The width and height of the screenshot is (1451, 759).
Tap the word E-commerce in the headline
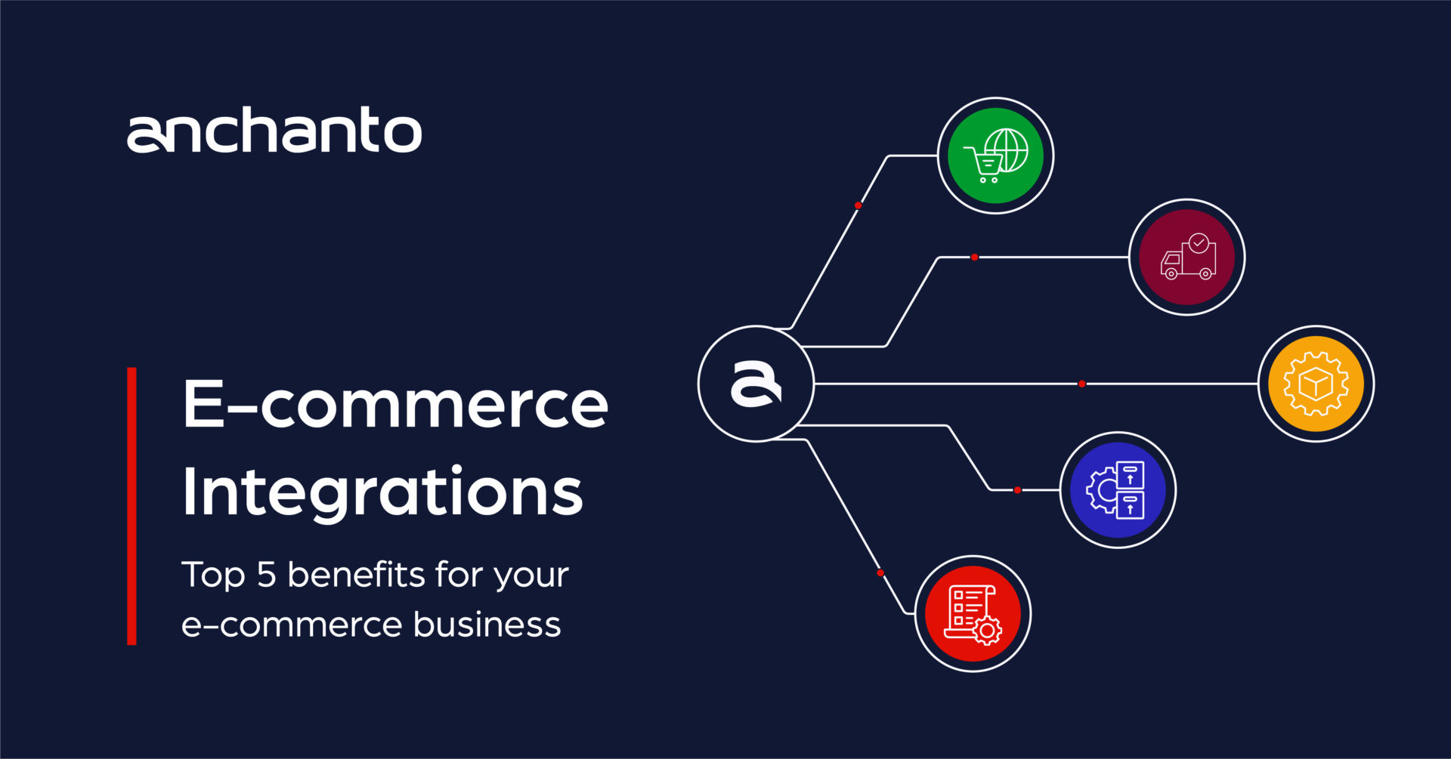pyautogui.click(x=395, y=404)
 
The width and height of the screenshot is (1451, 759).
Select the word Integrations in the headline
pyautogui.click(x=382, y=492)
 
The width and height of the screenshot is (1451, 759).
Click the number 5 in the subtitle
pyautogui.click(x=266, y=575)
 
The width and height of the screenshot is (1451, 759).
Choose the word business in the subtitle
pyautogui.click(x=487, y=625)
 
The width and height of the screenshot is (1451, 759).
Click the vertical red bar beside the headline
pyautogui.click(x=131, y=506)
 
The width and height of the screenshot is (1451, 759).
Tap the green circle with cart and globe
pyautogui.click(x=995, y=156)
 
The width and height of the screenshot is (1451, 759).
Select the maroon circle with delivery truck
pyautogui.click(x=1186, y=258)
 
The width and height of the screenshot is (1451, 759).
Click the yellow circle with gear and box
pyautogui.click(x=1316, y=384)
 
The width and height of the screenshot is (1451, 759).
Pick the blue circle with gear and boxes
pyautogui.click(x=1118, y=489)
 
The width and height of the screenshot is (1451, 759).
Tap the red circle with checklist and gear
pyautogui.click(x=973, y=613)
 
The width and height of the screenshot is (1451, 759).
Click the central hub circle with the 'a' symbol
pyautogui.click(x=756, y=384)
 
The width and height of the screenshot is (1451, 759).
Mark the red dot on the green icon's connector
pyautogui.click(x=858, y=205)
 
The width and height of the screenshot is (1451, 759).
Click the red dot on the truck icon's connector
pyautogui.click(x=974, y=258)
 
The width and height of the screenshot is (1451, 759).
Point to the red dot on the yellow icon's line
pyautogui.click(x=1081, y=384)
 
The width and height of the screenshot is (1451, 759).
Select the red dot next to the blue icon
pyautogui.click(x=1017, y=490)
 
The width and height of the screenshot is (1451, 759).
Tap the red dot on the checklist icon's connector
pyautogui.click(x=880, y=573)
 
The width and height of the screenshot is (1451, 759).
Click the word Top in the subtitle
pyautogui.click(x=213, y=575)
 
